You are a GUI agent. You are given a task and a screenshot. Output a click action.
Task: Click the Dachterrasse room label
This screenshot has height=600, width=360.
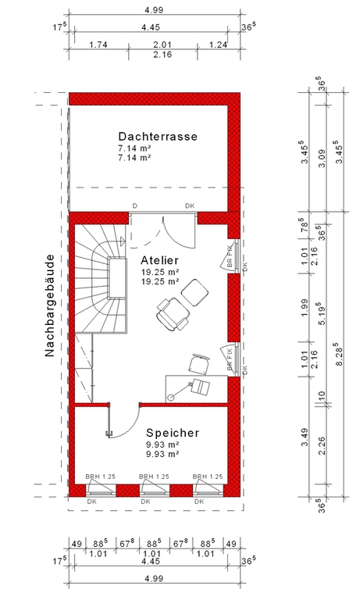(158, 136)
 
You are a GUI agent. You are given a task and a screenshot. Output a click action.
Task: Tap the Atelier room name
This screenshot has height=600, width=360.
(159, 260)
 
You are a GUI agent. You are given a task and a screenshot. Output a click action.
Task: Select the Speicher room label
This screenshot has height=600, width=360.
(173, 433)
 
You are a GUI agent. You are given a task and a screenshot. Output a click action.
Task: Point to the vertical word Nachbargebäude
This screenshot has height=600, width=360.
(50, 305)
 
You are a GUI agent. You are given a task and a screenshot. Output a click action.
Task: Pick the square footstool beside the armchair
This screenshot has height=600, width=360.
(194, 293)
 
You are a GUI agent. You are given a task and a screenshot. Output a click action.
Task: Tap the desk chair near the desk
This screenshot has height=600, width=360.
(199, 363)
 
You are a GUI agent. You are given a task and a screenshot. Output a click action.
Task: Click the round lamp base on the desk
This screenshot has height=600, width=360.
(170, 397)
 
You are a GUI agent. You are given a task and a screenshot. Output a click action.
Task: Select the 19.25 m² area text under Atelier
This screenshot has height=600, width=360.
(160, 272)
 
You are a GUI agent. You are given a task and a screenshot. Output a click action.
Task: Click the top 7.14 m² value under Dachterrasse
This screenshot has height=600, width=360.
(134, 148)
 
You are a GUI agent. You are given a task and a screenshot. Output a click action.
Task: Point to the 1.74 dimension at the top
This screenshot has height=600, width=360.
(98, 45)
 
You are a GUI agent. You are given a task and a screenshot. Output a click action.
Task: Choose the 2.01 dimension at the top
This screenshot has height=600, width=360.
(162, 45)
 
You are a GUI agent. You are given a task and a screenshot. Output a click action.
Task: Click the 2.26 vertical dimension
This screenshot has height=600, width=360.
(322, 446)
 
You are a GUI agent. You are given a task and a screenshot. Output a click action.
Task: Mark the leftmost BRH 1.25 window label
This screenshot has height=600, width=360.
(100, 477)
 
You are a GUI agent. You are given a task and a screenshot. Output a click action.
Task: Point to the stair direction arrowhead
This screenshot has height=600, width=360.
(123, 241)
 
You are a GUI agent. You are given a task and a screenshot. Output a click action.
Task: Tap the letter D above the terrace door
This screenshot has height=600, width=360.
(134, 206)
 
